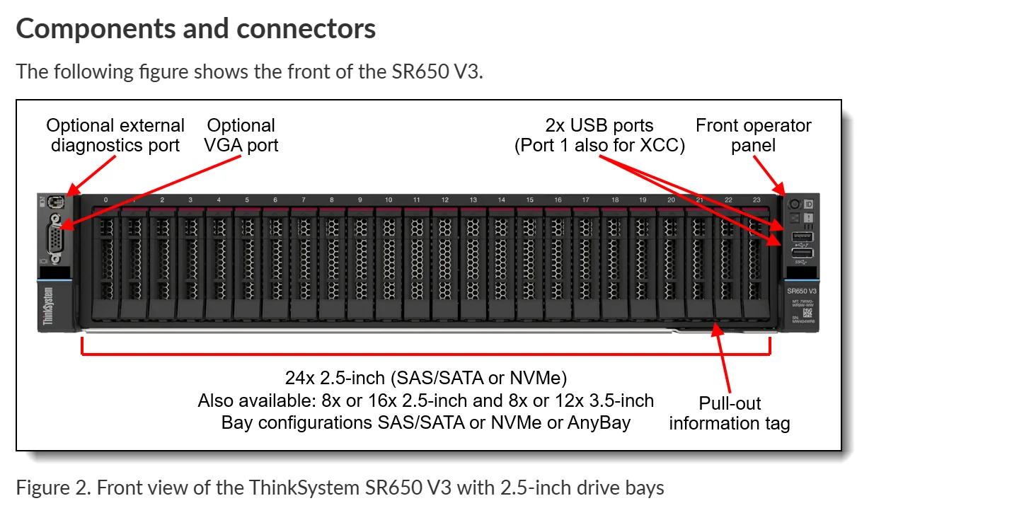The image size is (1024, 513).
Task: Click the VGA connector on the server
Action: pyautogui.click(x=55, y=238)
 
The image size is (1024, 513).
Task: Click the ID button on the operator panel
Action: pyautogui.click(x=808, y=204)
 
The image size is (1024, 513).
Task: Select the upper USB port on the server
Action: pyautogui.click(x=802, y=236)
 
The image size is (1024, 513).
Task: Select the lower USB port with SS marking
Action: pyautogui.click(x=802, y=253)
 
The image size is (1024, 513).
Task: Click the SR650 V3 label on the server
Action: pyautogui.click(x=802, y=291)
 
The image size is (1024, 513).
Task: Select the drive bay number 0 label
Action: pyautogui.click(x=105, y=200)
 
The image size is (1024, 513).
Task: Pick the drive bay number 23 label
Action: pyautogui.click(x=757, y=200)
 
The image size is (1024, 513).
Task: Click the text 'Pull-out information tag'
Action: pyautogui.click(x=729, y=413)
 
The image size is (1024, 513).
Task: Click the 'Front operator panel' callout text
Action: pyautogui.click(x=753, y=135)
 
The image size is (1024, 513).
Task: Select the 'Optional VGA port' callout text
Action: pyautogui.click(x=241, y=135)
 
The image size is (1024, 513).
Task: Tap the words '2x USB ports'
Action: pyautogui.click(x=599, y=126)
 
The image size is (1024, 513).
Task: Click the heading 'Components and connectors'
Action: pyautogui.click(x=195, y=28)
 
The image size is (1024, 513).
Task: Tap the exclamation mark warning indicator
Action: pyautogui.click(x=808, y=219)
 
